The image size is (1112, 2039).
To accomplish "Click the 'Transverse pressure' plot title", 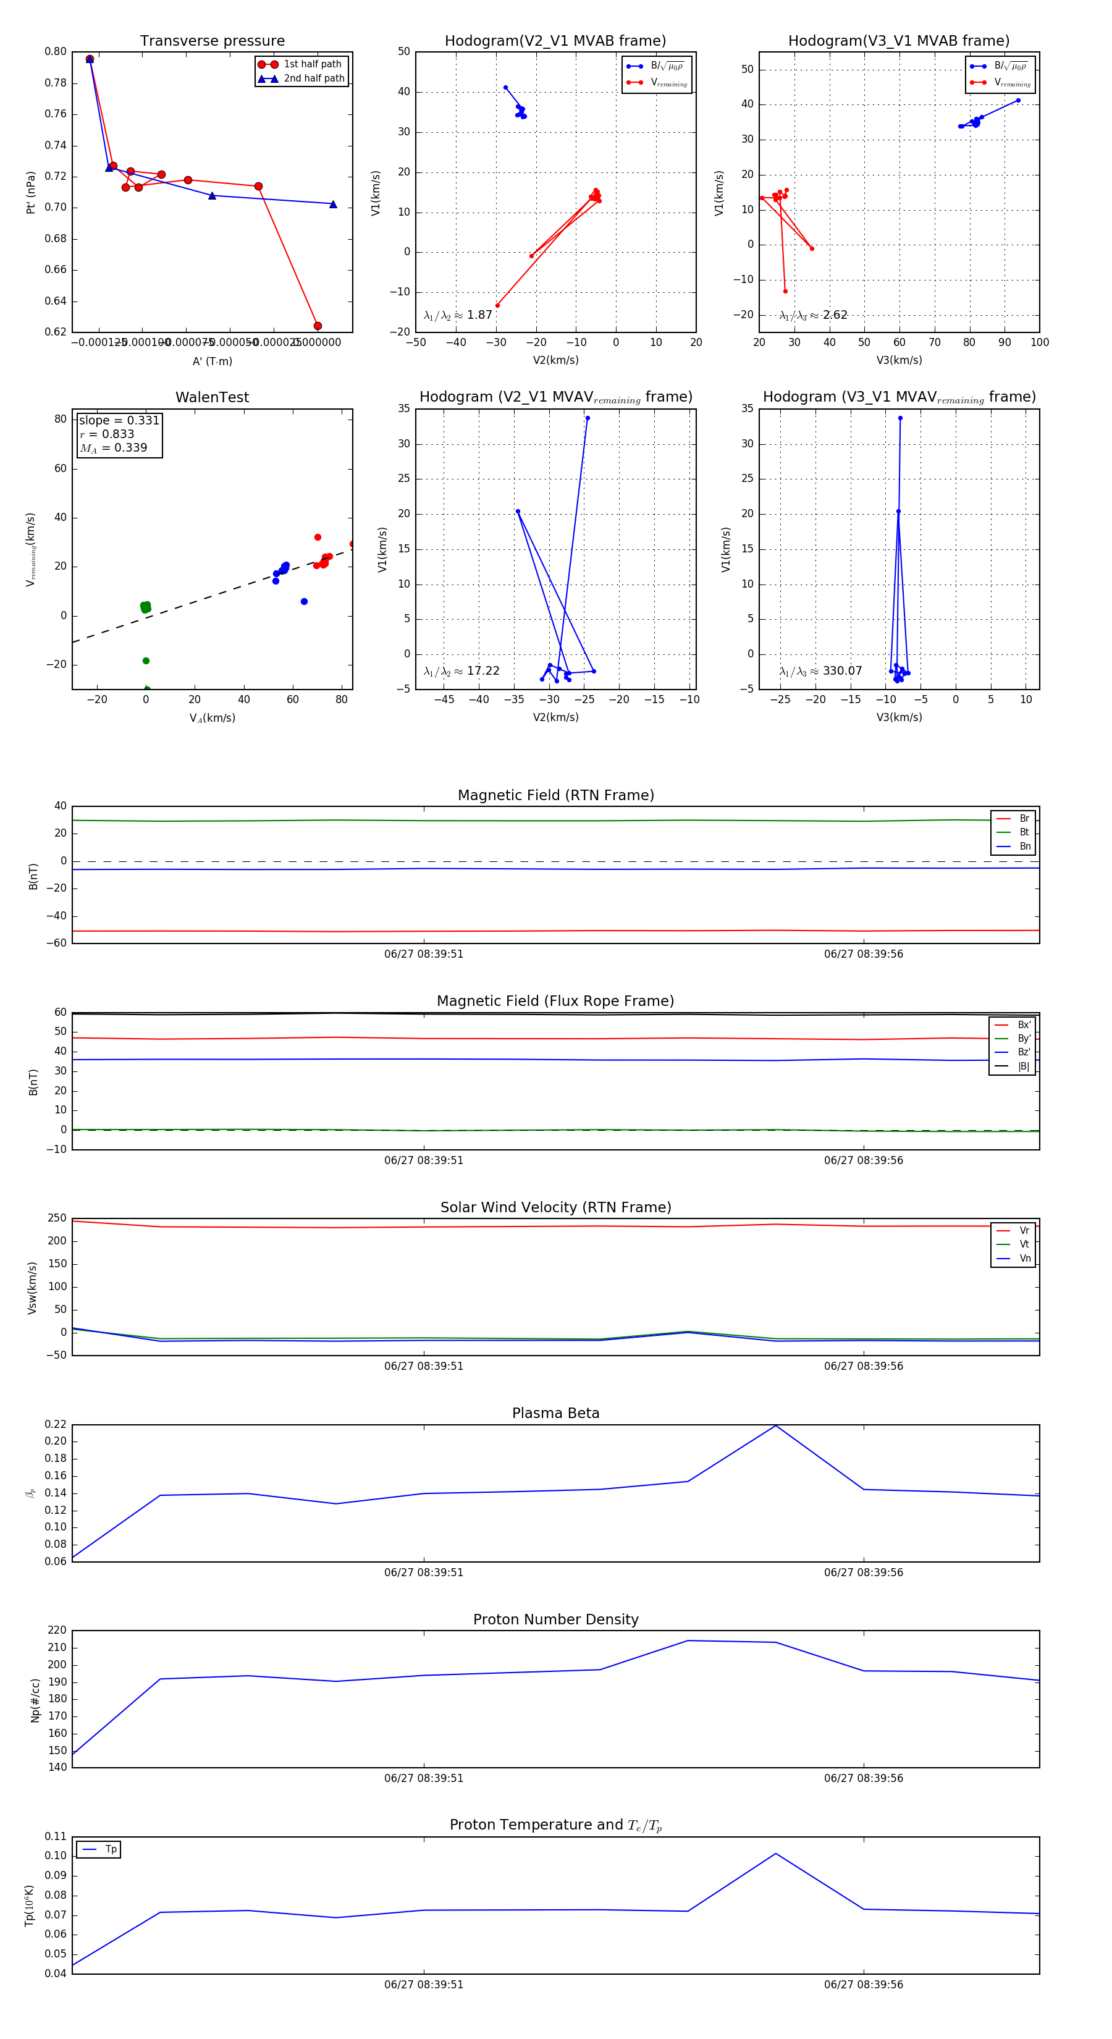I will pyautogui.click(x=212, y=41).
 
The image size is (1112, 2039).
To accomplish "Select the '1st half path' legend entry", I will pyautogui.click(x=312, y=64).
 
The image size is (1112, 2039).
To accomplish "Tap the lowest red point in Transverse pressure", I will pyautogui.click(x=318, y=326).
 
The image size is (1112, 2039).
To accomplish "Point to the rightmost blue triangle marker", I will pyautogui.click(x=332, y=205).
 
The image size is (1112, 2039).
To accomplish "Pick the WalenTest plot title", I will pyautogui.click(x=212, y=397).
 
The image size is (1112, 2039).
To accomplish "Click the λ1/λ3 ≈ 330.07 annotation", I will pyautogui.click(x=821, y=671).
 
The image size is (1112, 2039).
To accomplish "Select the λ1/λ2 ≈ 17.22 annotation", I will pyautogui.click(x=461, y=671).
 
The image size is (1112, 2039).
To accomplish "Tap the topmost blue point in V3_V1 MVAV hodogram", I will pyautogui.click(x=900, y=418).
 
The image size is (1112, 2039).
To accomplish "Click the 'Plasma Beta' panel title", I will pyautogui.click(x=555, y=1414).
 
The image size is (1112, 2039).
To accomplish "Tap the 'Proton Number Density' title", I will pyautogui.click(x=555, y=1619).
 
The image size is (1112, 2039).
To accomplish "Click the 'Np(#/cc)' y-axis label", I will pyautogui.click(x=35, y=1700).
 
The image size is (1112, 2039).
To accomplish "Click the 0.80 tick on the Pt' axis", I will pyautogui.click(x=56, y=51).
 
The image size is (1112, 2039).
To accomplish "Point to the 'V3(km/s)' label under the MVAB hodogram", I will pyautogui.click(x=899, y=360).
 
